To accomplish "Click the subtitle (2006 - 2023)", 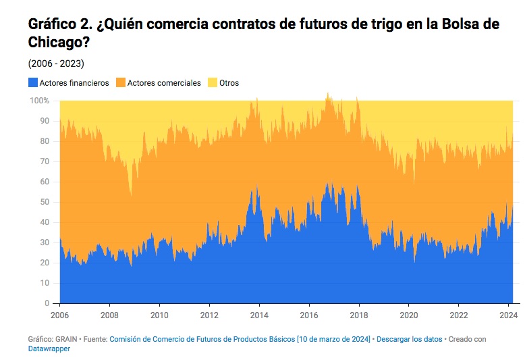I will (x=56, y=63).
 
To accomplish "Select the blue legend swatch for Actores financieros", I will (x=32, y=83).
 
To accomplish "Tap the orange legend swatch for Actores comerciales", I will (x=120, y=83).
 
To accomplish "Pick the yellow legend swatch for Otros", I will (x=213, y=83).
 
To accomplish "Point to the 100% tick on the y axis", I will (x=40, y=101).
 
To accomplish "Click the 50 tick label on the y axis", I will (x=45, y=202).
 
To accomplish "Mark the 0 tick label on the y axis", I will (x=47, y=303).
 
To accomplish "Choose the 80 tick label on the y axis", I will (x=45, y=141).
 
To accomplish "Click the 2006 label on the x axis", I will (x=59, y=315).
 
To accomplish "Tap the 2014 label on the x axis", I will (x=259, y=315).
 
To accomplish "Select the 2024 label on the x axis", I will (x=509, y=315).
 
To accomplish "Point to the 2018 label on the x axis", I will (x=359, y=315).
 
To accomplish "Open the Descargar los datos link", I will (x=408, y=339).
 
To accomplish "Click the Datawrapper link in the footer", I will (x=49, y=349).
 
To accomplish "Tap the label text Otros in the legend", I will (x=229, y=83).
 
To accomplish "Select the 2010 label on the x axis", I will (x=159, y=315).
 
